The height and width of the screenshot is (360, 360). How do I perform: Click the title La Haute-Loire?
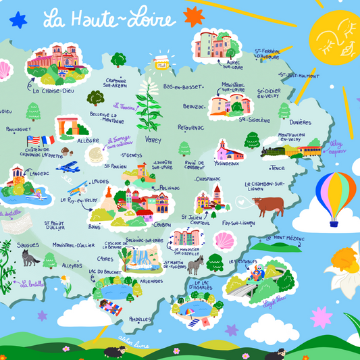tap(108, 18)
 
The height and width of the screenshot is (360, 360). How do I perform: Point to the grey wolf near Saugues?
tap(30, 257)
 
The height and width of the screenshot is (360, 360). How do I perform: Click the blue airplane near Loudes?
tap(68, 167)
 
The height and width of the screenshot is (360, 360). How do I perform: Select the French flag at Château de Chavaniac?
tap(48, 140)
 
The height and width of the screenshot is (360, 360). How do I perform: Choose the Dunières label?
tap(301, 122)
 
